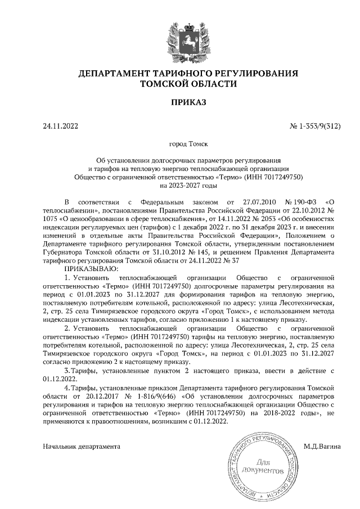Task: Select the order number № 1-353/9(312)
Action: click(315, 126)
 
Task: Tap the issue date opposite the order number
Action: click(60, 126)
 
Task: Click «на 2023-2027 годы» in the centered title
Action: click(188, 185)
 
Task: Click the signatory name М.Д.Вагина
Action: click(322, 447)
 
